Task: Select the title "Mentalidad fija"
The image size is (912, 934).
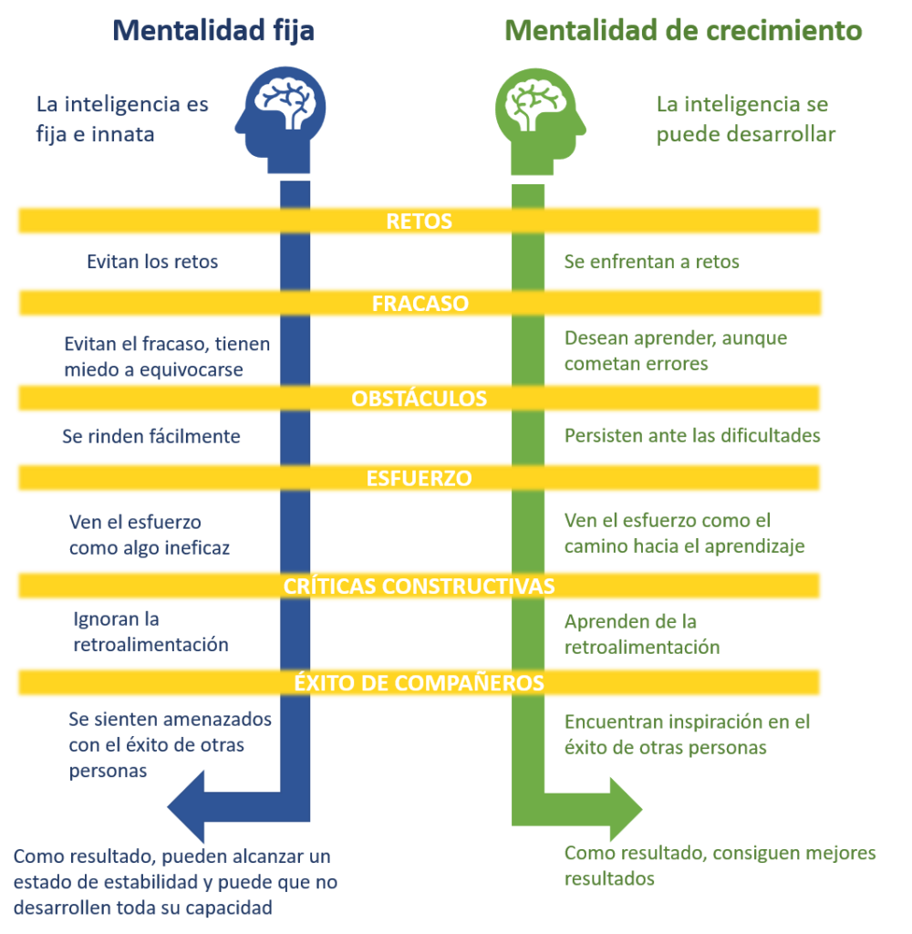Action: click(x=213, y=31)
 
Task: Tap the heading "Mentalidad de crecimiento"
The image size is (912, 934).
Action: click(x=683, y=31)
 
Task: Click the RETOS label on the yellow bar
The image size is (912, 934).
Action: click(x=419, y=222)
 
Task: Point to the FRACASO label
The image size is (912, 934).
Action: click(x=420, y=304)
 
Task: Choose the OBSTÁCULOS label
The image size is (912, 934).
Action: click(x=420, y=399)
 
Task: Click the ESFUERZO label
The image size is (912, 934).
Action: click(x=420, y=478)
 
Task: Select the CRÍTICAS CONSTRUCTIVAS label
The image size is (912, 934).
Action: click(x=420, y=586)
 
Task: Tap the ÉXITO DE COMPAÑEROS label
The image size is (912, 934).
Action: click(x=420, y=682)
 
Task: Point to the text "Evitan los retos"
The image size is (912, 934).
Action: click(x=152, y=263)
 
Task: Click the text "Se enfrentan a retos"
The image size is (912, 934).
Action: click(x=652, y=263)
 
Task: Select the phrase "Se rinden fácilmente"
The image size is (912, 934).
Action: click(x=151, y=436)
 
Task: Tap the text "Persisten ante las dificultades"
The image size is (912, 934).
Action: click(x=692, y=435)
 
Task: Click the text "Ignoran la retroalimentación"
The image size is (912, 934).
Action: click(x=150, y=632)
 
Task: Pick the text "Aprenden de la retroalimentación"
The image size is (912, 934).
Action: click(x=642, y=635)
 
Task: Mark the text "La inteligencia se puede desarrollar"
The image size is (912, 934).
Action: click(x=745, y=119)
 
